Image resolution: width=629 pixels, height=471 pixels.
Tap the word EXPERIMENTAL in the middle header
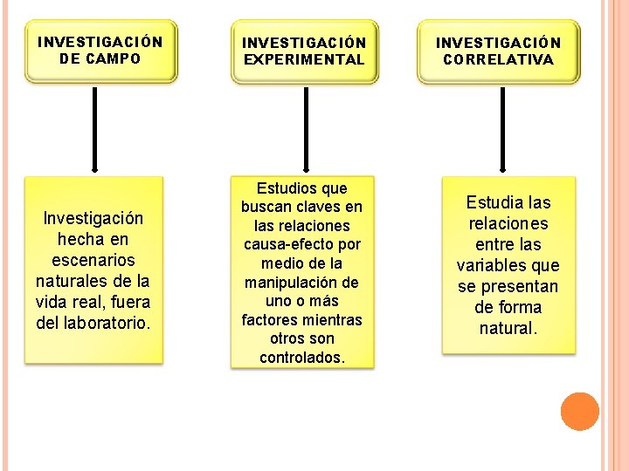(304, 60)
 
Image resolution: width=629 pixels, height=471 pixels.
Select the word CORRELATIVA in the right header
(499, 60)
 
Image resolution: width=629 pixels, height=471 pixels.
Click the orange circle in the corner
(579, 412)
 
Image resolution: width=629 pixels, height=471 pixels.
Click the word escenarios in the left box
(93, 260)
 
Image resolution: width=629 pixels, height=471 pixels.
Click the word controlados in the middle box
(302, 358)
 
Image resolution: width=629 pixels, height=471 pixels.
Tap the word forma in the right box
(521, 308)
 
